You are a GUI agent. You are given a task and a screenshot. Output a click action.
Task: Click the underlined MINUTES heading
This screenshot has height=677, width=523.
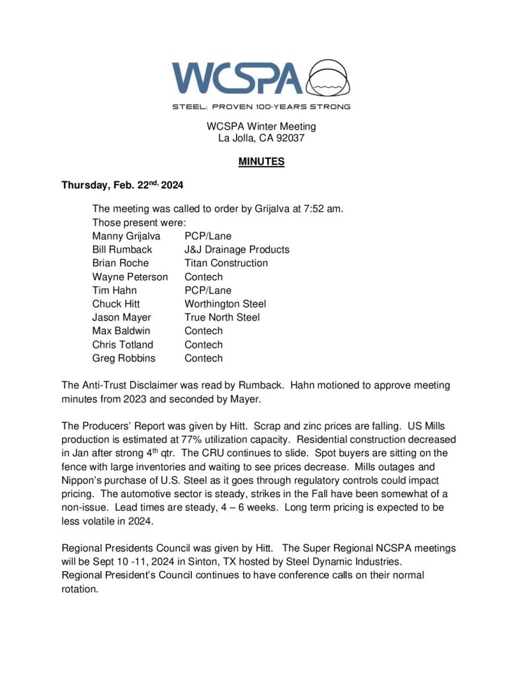click(261, 161)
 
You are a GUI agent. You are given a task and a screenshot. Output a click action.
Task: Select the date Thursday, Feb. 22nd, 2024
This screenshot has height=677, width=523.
click(122, 186)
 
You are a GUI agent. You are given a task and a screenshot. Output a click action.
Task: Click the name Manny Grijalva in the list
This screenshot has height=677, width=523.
click(126, 236)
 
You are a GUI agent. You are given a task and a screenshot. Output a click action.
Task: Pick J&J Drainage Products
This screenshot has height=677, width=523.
click(237, 249)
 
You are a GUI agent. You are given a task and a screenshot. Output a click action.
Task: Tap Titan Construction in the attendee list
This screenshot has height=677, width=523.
click(226, 263)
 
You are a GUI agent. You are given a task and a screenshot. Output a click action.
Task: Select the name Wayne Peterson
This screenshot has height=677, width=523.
click(130, 277)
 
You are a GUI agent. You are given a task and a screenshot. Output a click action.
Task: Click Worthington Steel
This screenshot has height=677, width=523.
click(225, 304)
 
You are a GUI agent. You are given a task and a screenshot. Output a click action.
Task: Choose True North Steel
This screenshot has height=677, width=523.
click(222, 317)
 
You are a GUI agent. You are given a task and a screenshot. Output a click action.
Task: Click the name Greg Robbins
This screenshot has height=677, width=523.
click(124, 358)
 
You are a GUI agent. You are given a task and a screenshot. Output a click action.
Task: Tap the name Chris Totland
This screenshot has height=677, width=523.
click(122, 344)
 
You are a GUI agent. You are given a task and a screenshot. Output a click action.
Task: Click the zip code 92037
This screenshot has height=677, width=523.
click(287, 138)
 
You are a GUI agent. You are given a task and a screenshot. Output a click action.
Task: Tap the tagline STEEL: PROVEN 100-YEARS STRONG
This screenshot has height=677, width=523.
click(261, 106)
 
